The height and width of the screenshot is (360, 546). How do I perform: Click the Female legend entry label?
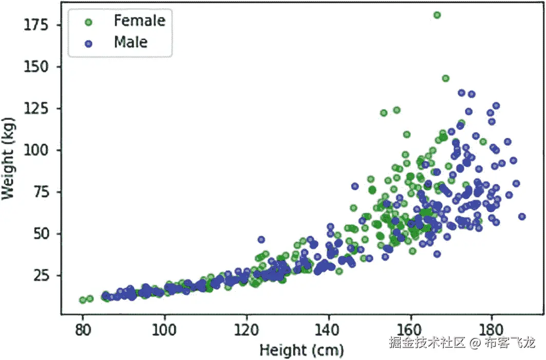[x=139, y=21]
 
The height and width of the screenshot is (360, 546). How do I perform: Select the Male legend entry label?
[x=130, y=42]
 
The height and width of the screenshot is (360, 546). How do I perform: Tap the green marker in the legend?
[x=88, y=22]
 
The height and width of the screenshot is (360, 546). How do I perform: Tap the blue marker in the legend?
[x=88, y=43]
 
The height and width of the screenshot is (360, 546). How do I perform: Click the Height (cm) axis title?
[x=302, y=350]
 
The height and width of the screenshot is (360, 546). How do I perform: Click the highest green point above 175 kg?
[x=437, y=15]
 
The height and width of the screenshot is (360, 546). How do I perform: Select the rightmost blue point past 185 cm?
[x=522, y=216]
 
